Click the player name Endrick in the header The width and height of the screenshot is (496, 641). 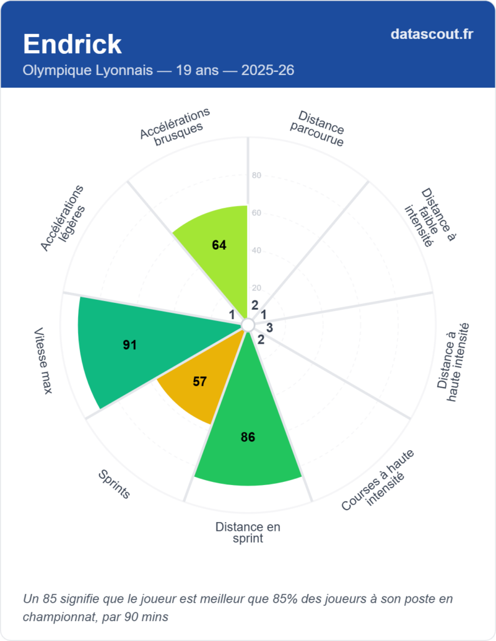coord(72,44)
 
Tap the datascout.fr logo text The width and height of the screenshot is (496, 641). coord(431,34)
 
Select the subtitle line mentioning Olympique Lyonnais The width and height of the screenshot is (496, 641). coord(158,71)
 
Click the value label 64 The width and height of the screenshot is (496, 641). coord(219,245)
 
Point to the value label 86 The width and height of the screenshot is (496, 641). coord(248,437)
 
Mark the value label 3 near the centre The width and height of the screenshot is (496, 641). coord(270,327)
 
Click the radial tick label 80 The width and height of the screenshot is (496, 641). coord(256,175)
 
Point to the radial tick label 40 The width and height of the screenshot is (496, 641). coord(256,250)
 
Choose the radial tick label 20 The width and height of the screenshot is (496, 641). coord(256,288)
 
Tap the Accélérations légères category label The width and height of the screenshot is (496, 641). coord(63,218)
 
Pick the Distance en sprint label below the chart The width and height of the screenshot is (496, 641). coord(248,532)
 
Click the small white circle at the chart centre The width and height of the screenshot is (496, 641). coord(248,325)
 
